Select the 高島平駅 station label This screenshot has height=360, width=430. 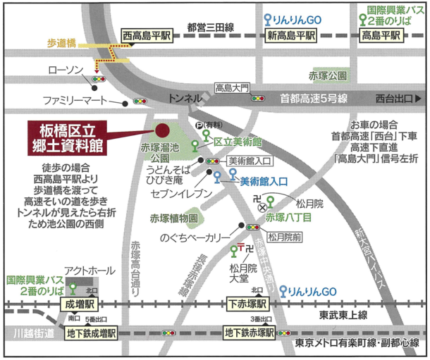click(x=383, y=35)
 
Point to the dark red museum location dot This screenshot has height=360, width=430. click(x=161, y=130)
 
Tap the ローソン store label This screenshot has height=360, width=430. click(x=66, y=70)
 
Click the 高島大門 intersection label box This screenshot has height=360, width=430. click(x=233, y=88)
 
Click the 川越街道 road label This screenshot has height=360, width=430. click(x=29, y=332)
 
